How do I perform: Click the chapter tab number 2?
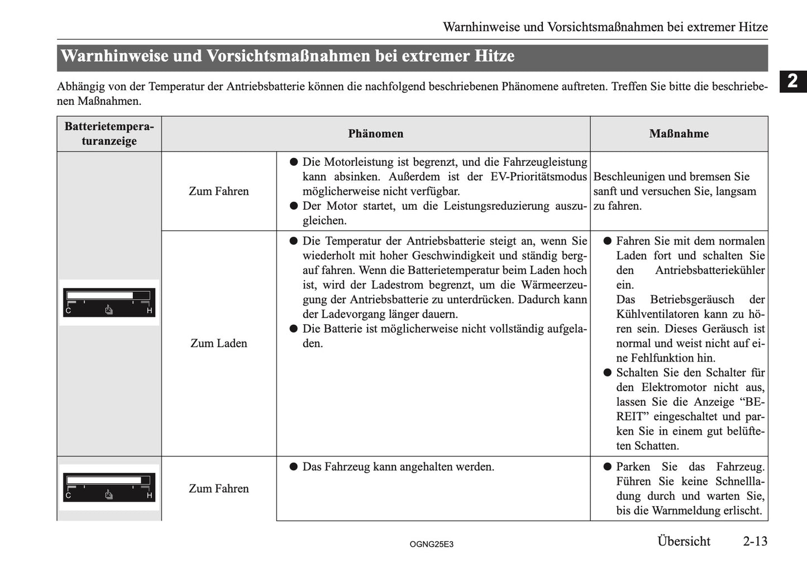(x=792, y=81)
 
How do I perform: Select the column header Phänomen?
(x=375, y=134)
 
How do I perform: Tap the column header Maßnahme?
(x=679, y=134)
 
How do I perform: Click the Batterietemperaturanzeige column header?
(x=109, y=134)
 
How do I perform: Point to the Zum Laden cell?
(x=218, y=343)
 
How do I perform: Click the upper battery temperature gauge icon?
(x=109, y=302)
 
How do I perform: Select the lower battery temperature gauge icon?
(x=109, y=487)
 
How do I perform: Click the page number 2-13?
(x=755, y=541)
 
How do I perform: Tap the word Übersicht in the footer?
(x=684, y=541)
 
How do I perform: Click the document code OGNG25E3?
(x=431, y=544)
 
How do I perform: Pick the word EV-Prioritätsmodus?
(x=538, y=177)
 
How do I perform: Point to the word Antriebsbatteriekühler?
(x=710, y=271)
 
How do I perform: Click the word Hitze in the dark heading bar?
(x=494, y=56)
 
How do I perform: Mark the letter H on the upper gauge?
(x=150, y=310)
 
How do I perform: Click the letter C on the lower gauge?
(x=68, y=495)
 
